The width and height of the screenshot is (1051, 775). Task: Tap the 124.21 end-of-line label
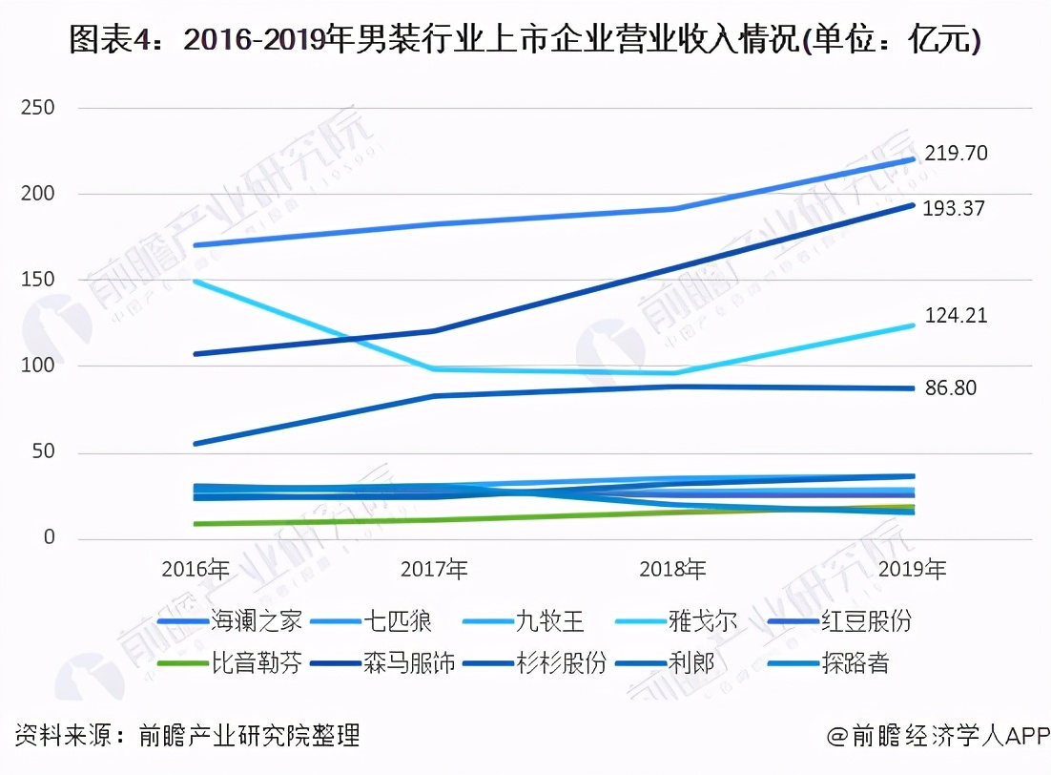956,316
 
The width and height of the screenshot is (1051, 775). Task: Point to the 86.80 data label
951,388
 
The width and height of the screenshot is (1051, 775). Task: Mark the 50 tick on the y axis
43,452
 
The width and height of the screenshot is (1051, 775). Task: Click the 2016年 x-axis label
196,571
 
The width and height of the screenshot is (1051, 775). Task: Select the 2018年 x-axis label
673,571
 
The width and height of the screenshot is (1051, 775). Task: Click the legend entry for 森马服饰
410,663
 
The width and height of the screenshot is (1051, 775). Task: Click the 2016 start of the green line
196,524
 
